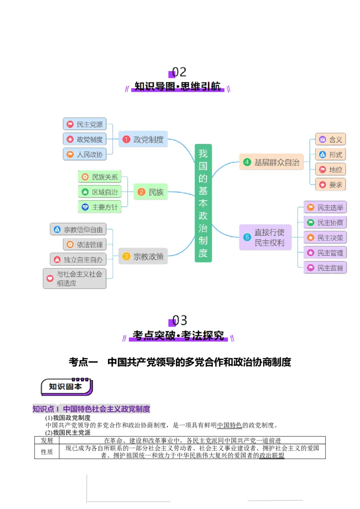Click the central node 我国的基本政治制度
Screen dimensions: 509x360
coord(203,203)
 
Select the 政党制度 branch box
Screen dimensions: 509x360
coord(143,139)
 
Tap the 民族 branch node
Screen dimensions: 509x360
coord(150,192)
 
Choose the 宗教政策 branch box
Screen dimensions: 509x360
coord(143,257)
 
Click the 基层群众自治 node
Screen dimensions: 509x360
coord(271,162)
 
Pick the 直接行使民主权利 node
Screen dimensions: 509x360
coord(265,238)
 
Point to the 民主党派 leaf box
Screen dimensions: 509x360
coord(85,125)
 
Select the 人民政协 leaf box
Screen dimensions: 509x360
coord(85,155)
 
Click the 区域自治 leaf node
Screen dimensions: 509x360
coord(99,192)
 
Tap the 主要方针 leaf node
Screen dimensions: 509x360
coord(99,207)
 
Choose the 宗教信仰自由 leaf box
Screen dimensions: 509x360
coord(78,230)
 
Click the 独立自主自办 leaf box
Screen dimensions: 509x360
coord(78,259)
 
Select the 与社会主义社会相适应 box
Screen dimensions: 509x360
coord(75,278)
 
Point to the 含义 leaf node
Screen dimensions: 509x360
coord(330,139)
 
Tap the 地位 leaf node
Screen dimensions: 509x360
coord(330,170)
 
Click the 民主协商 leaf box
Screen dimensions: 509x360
coord(325,223)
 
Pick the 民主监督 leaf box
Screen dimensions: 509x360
coord(325,268)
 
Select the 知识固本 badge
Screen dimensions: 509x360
coord(66,387)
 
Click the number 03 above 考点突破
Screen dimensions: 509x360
coord(180,321)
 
